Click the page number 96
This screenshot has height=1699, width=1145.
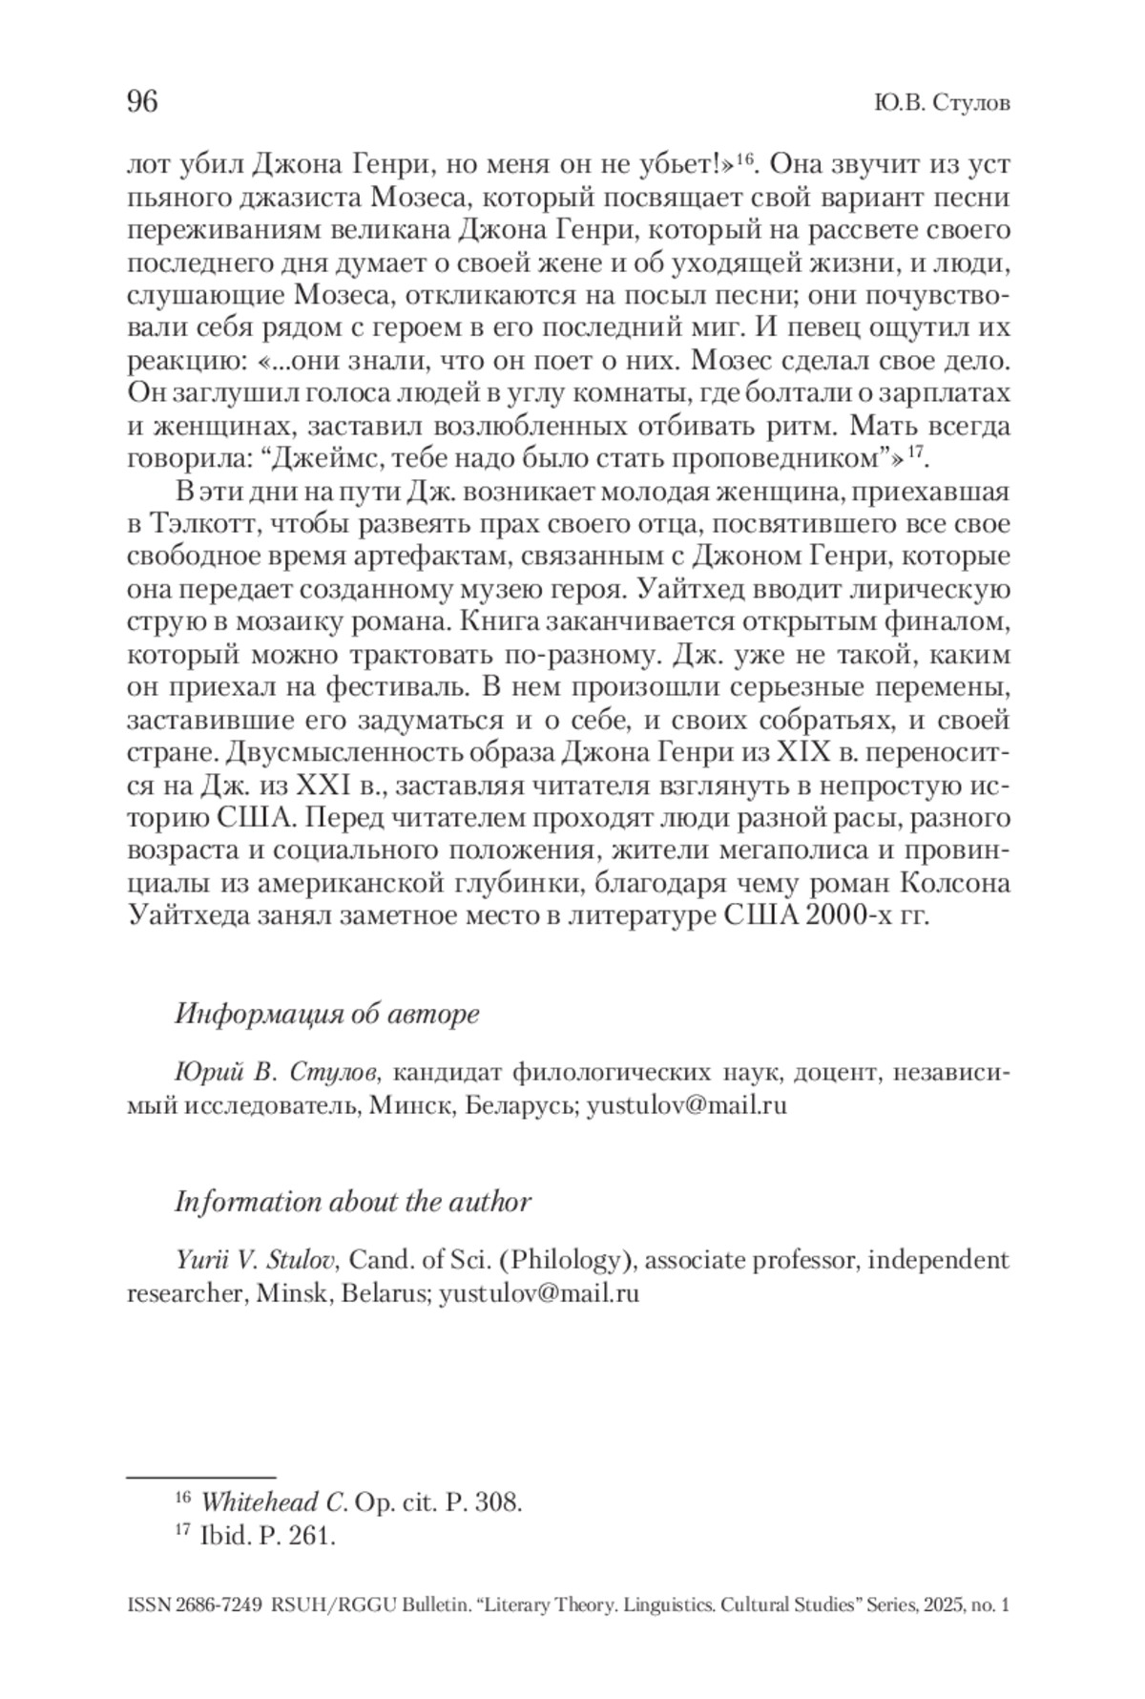click(142, 101)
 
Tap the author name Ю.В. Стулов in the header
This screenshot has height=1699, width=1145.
click(941, 103)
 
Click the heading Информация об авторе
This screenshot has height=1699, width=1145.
click(326, 1014)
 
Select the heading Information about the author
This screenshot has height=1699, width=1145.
click(352, 1201)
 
